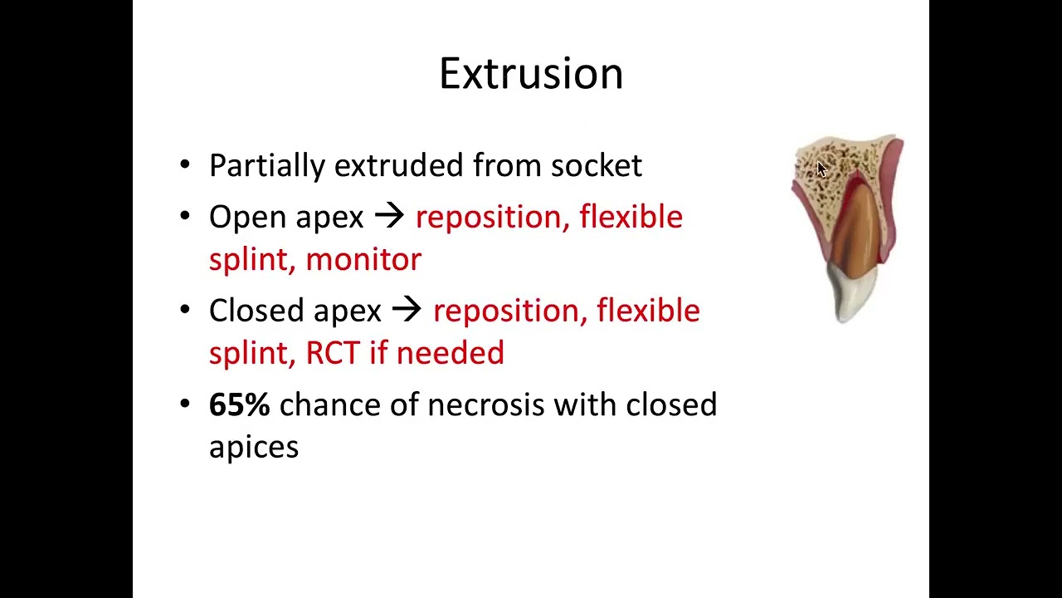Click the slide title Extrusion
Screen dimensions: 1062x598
(531, 74)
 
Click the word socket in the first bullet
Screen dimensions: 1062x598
(597, 165)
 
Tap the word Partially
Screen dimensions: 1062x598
(267, 166)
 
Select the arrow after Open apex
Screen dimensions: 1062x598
(389, 217)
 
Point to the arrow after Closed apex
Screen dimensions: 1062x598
(407, 310)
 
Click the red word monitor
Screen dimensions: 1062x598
(363, 260)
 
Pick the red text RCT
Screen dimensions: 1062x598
(333, 353)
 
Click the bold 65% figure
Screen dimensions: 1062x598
(240, 404)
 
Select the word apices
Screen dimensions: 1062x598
(254, 448)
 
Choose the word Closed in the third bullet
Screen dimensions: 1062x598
(256, 310)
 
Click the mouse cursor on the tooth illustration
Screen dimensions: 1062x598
(821, 169)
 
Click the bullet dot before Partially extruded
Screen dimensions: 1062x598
(185, 164)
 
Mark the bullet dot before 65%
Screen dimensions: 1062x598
(185, 404)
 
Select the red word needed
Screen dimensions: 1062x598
(450, 353)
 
